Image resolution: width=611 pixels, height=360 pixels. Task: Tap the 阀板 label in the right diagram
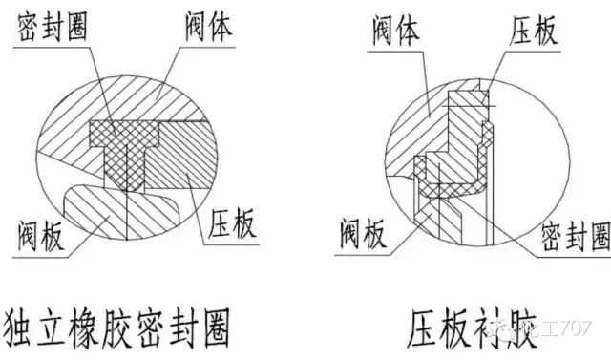[x=362, y=231]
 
